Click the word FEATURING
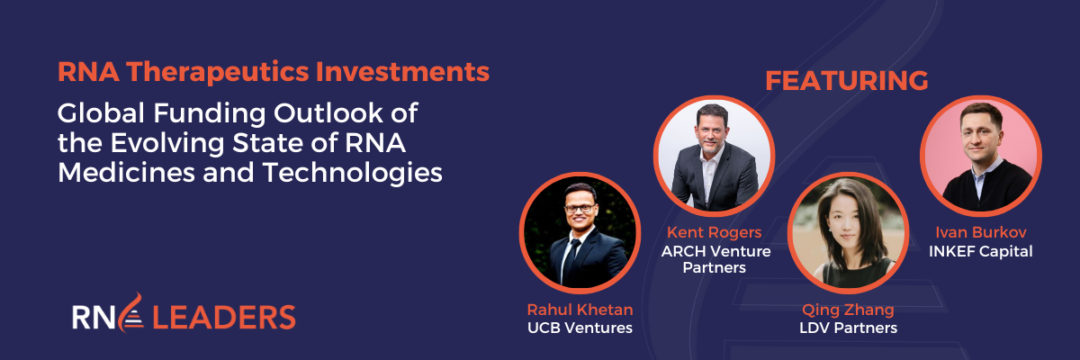(846, 80)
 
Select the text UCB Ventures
(580, 328)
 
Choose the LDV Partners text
(848, 328)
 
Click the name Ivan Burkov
(980, 233)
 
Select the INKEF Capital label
(980, 251)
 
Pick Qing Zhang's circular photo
(848, 232)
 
